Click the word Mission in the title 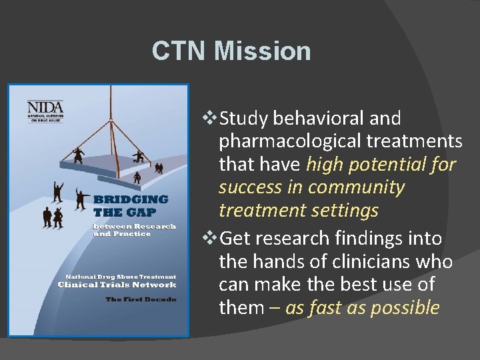pos(265,51)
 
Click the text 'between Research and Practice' pos(135,230)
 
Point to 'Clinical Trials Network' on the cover pos(126,285)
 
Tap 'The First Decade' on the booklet pos(141,299)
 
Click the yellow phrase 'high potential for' pos(381,165)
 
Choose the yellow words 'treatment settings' pos(298,211)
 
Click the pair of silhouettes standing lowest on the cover pos(53,217)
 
